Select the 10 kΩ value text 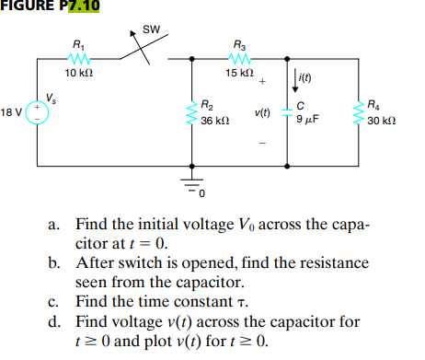pos(77,73)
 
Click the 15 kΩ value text pos(239,73)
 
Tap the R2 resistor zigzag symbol pos(192,112)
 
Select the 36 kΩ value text pos(214,122)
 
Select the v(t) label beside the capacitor pos(262,113)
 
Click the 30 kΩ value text pos(381,122)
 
